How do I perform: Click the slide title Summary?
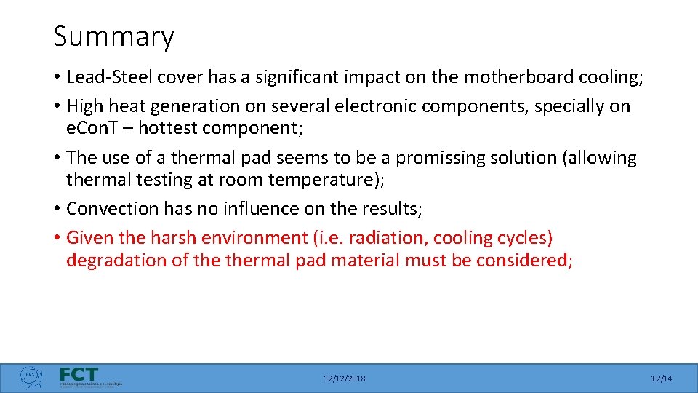113,36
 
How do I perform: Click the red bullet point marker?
57,238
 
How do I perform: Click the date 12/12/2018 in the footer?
345,378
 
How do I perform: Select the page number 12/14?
661,378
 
